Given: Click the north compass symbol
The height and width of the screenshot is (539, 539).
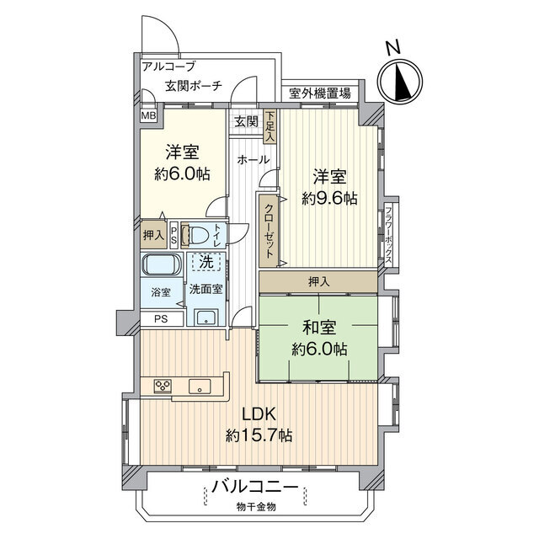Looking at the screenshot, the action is (x=400, y=82).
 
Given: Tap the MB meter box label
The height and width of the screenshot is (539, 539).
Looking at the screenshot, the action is (x=149, y=115).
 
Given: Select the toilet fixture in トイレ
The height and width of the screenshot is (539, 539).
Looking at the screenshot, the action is (x=198, y=235).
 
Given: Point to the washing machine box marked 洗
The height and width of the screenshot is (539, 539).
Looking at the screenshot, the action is (x=206, y=262).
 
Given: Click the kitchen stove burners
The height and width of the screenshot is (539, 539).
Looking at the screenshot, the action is (x=163, y=385).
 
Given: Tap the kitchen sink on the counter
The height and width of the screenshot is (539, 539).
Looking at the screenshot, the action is (x=201, y=386).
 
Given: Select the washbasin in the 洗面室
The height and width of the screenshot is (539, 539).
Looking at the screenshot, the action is (x=206, y=317).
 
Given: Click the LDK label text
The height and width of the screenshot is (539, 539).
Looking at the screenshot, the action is (x=259, y=414).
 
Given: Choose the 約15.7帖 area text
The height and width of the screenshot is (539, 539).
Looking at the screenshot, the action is (x=259, y=436).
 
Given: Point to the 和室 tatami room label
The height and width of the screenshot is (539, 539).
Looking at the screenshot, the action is (x=319, y=328).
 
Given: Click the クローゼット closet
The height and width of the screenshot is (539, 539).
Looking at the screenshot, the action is (x=268, y=231).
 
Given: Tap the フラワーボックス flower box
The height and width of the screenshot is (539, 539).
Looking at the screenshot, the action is (x=389, y=234).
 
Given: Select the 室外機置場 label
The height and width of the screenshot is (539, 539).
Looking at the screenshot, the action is (x=320, y=93).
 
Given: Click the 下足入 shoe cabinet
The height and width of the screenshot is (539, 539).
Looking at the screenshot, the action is (x=270, y=126).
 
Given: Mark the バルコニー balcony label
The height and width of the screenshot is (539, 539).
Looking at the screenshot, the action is (x=255, y=488).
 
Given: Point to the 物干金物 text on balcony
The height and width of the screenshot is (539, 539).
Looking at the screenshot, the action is (x=256, y=507).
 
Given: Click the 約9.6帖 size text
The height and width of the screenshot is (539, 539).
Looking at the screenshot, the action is (x=329, y=199).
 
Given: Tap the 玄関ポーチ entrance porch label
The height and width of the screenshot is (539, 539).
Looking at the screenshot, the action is (x=194, y=86).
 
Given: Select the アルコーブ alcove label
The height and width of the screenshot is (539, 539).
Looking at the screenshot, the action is (x=168, y=66).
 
